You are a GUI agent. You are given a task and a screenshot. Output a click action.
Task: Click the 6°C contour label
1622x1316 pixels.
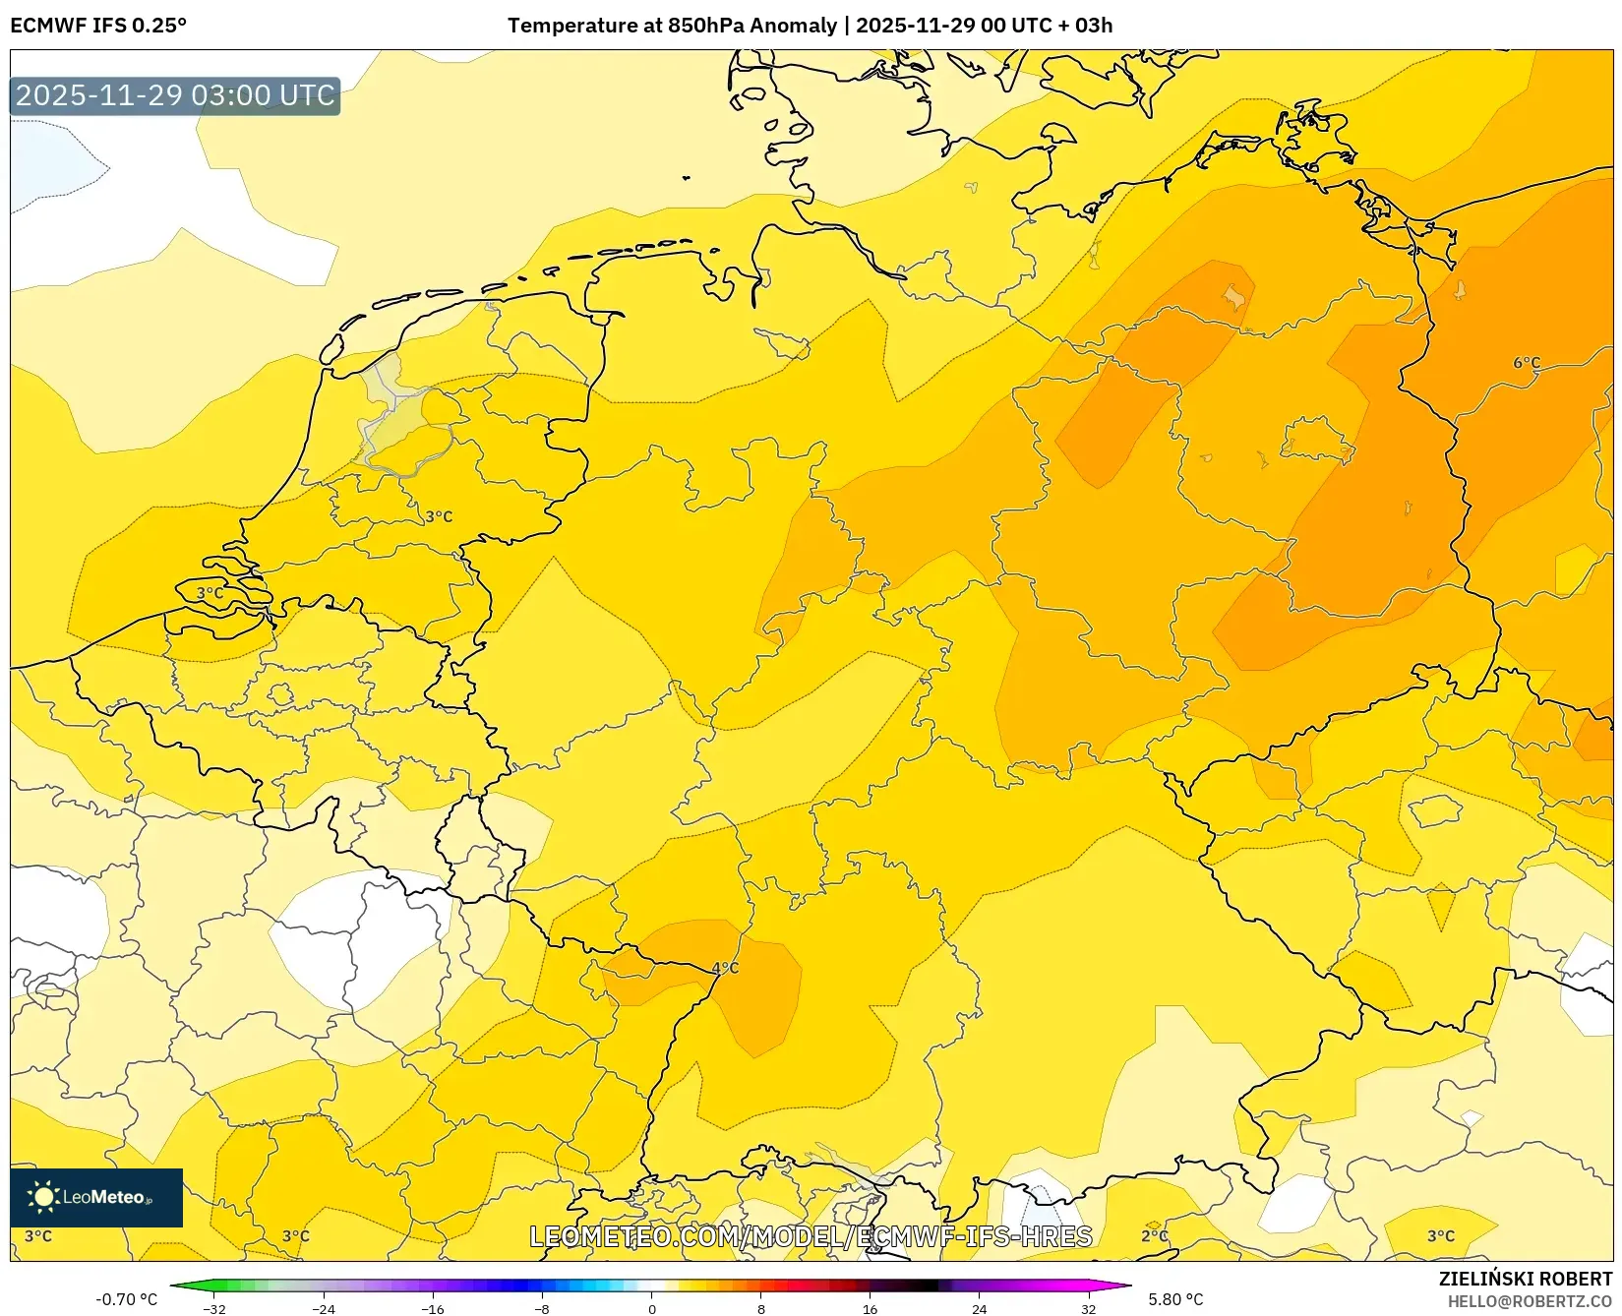pos(1527,363)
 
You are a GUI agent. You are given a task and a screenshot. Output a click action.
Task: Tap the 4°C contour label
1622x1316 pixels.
pos(725,968)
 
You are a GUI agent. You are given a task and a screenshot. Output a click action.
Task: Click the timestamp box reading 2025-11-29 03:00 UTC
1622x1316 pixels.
pos(175,95)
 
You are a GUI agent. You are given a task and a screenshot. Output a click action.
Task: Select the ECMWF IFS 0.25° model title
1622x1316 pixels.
pos(98,26)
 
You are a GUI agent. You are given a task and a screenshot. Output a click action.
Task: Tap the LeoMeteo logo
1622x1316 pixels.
pos(96,1197)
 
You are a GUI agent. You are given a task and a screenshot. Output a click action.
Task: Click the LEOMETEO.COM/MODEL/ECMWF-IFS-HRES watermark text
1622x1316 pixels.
pos(811,1236)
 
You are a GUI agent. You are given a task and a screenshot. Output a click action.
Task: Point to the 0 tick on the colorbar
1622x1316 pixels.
pos(651,1309)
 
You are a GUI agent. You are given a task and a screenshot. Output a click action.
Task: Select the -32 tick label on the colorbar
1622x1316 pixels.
pos(213,1309)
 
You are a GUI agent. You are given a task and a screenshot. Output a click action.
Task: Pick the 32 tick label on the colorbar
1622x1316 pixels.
pos(1088,1309)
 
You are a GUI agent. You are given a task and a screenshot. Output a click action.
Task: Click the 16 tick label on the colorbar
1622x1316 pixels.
pos(870,1309)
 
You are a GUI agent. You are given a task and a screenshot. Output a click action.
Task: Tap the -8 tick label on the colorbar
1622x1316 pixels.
pos(541,1309)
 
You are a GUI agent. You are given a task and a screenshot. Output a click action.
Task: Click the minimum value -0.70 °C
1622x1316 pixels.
pos(126,1299)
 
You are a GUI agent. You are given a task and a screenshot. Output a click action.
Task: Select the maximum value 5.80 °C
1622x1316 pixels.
pos(1175,1299)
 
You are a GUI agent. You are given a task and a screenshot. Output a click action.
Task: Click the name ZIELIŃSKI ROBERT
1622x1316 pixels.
pos(1526,1279)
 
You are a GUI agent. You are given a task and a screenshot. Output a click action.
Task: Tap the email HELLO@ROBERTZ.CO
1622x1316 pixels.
pos(1530,1301)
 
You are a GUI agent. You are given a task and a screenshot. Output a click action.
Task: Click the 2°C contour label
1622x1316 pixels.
pos(1155,1236)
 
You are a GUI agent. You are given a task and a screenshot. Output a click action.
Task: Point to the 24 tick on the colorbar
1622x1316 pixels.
pos(979,1309)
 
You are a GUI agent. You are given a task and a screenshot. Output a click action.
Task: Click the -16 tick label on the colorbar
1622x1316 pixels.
pos(432,1309)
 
